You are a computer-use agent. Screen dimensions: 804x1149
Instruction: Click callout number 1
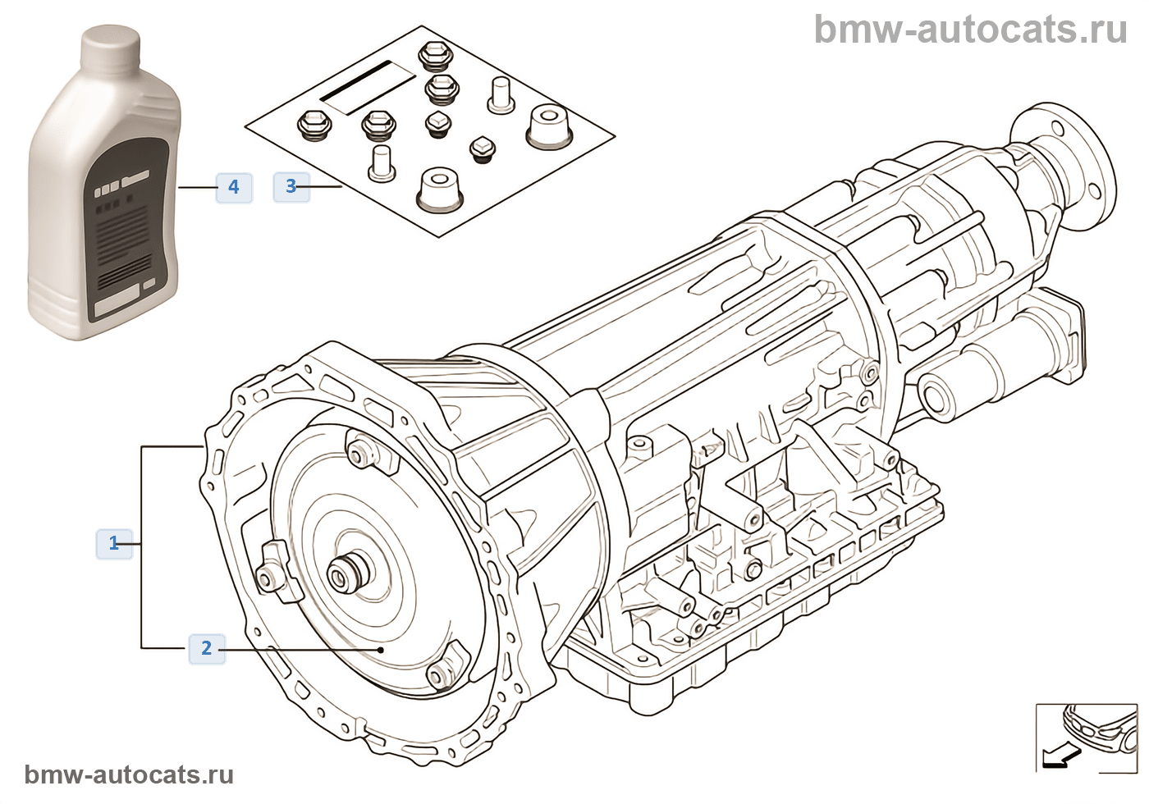114,543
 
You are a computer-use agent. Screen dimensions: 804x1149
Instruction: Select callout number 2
206,648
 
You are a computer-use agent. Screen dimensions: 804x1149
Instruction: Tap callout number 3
291,186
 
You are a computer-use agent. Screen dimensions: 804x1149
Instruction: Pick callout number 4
234,187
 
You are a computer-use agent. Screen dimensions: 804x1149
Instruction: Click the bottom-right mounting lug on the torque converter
443,672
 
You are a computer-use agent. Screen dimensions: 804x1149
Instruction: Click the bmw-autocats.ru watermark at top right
970,30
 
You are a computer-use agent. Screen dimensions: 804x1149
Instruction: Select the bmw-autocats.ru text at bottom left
129,775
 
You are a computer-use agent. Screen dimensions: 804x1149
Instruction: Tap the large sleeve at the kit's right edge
548,127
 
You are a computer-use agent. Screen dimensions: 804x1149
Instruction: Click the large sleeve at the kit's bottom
439,191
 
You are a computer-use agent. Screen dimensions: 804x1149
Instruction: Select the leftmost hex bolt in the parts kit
312,124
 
